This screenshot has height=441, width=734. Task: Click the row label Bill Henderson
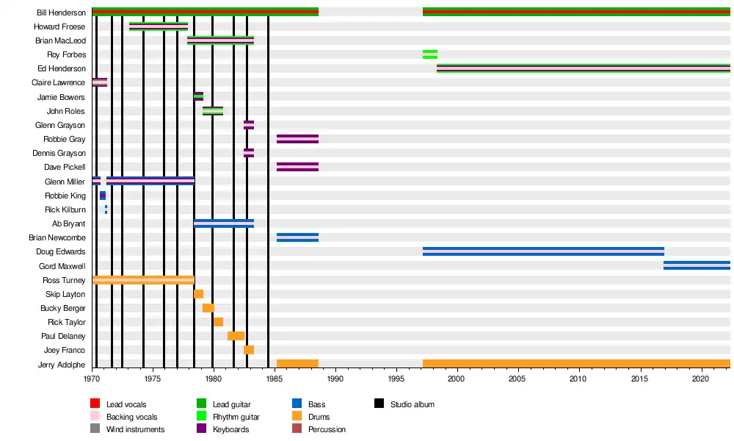61,12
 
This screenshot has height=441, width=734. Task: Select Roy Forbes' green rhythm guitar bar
430,54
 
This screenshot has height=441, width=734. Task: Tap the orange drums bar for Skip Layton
198,294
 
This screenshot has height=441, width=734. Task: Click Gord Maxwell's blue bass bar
697,265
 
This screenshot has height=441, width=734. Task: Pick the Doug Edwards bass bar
543,251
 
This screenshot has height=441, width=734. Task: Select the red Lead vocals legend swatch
95,404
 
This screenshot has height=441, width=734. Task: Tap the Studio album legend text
413,404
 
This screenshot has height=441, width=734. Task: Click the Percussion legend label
327,429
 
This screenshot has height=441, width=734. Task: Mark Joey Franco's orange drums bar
249,350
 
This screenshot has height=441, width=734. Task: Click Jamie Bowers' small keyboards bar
198,96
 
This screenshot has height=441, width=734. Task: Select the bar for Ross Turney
143,280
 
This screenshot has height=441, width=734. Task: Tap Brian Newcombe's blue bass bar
297,237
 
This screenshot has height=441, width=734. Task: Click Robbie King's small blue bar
103,196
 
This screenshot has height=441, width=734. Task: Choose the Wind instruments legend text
135,429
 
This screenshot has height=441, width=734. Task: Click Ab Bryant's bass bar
224,223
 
